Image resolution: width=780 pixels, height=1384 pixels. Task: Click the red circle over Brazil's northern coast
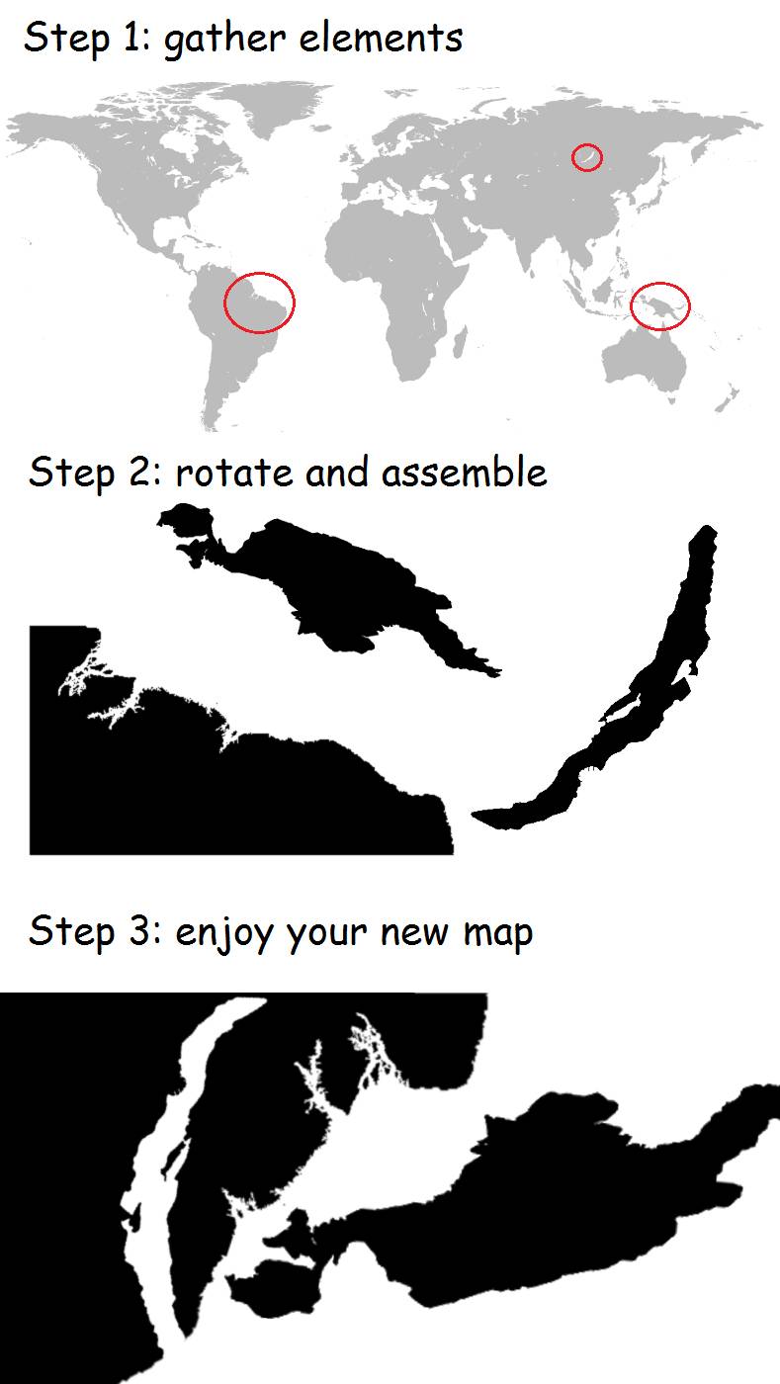(x=259, y=301)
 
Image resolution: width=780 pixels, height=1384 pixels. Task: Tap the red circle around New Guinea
(x=660, y=304)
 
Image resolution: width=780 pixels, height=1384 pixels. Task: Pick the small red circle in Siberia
(x=587, y=156)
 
